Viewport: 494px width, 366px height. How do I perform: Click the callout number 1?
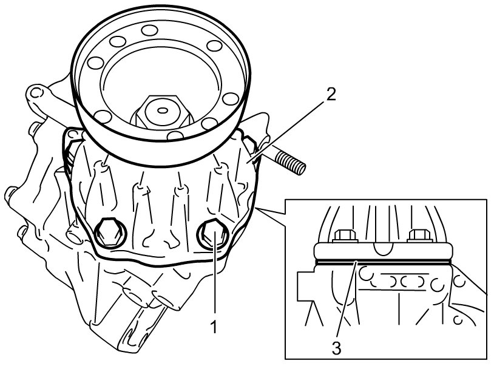pos(214,327)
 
